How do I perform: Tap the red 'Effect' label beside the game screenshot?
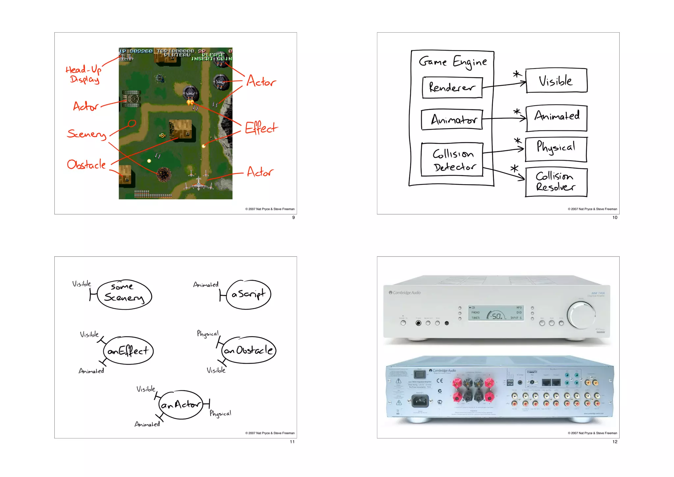261,128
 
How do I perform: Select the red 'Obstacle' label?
86,164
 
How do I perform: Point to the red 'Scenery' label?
87,133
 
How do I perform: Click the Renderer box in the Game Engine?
452,88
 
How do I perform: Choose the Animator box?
452,120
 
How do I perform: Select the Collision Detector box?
452,160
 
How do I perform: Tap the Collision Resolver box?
556,182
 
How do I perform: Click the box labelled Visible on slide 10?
557,81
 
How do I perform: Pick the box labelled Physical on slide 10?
556,149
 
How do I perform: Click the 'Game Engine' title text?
453,62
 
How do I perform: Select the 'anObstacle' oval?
249,350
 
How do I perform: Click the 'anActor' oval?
180,405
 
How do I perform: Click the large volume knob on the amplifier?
581,315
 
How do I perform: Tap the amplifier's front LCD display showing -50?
496,313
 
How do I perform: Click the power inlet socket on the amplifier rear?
420,401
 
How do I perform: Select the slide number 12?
615,442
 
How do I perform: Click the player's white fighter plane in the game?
198,183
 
